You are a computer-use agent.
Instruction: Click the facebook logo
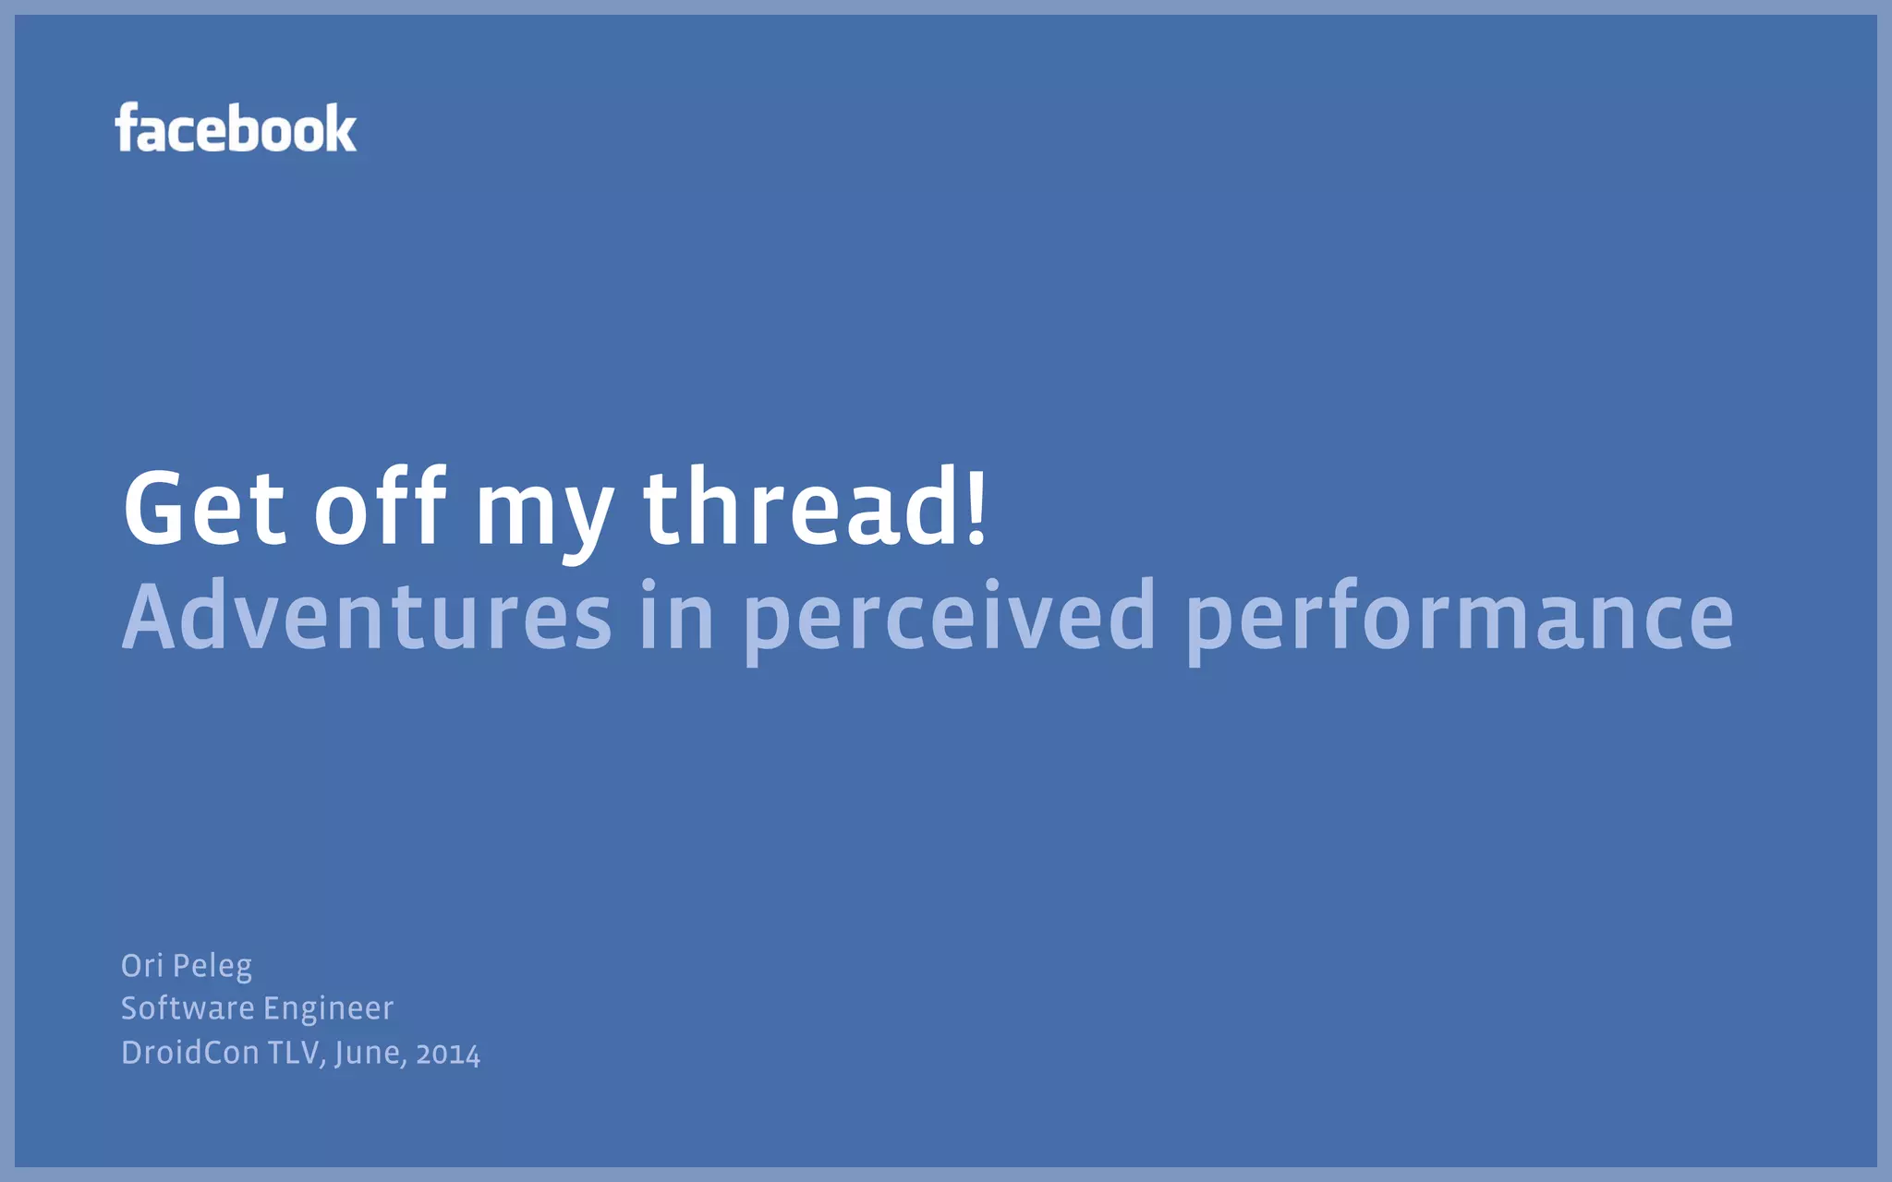click(236, 128)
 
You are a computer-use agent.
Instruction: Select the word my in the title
click(544, 513)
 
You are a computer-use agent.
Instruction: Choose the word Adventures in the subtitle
click(367, 616)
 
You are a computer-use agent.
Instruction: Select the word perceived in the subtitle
click(949, 618)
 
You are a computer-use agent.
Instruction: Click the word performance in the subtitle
click(1460, 618)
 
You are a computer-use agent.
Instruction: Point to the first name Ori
click(142, 965)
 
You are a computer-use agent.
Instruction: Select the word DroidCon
click(190, 1052)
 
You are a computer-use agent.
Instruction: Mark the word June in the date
click(370, 1053)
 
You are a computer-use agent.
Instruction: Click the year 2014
click(448, 1054)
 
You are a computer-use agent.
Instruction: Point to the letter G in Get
click(157, 507)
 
